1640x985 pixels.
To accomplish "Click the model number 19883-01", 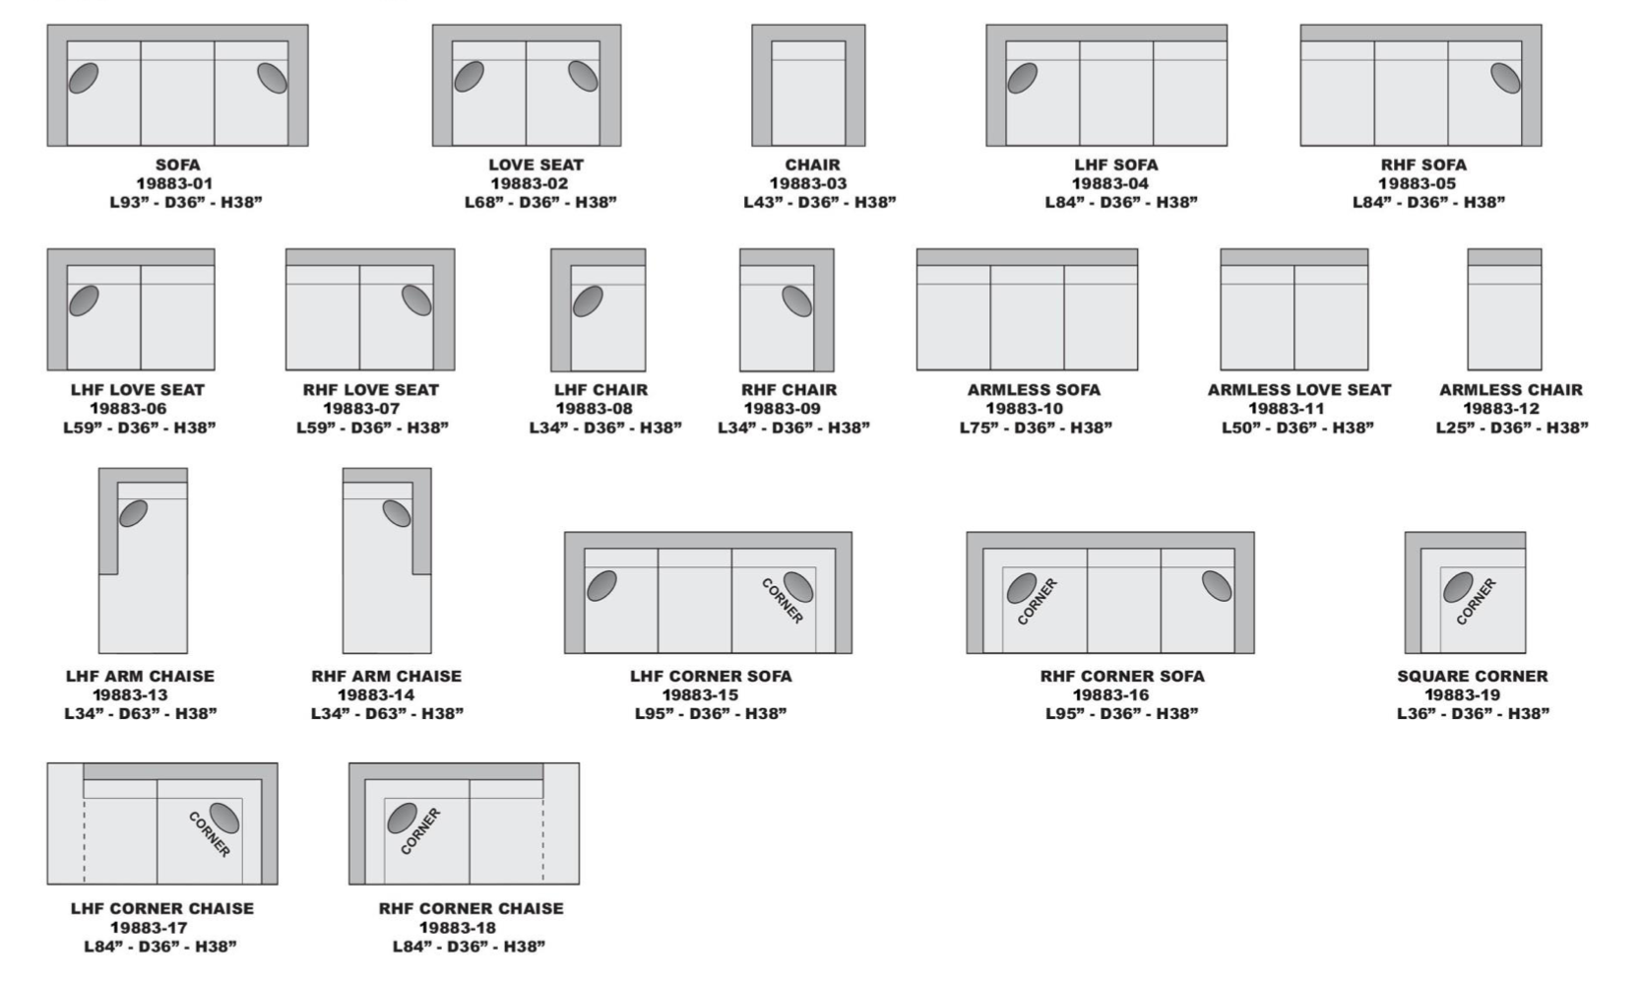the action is click(174, 184).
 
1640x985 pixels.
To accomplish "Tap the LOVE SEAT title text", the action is click(536, 164).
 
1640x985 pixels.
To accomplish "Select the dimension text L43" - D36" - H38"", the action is click(819, 202).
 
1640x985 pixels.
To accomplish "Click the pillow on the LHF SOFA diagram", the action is click(1022, 78).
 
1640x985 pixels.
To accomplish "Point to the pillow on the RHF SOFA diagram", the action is click(1506, 78).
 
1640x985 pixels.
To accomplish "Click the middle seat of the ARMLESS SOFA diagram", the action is click(1027, 317).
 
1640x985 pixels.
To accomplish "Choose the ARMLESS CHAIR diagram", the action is click(1504, 309).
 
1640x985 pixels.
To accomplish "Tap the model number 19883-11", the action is click(1287, 409).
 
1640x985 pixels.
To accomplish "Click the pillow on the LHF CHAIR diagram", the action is click(588, 301).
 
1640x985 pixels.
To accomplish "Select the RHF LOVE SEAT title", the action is click(370, 390).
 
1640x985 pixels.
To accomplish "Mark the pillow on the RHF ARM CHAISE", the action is click(397, 512).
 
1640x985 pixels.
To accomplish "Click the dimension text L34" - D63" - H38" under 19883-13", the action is click(141, 713).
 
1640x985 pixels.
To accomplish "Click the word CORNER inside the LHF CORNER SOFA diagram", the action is click(783, 601).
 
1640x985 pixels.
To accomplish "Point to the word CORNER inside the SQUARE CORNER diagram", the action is click(1476, 601).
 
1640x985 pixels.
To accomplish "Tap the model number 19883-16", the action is click(1110, 695).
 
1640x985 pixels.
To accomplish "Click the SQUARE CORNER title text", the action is click(1473, 676).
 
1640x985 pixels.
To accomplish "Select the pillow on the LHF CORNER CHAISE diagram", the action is click(224, 818).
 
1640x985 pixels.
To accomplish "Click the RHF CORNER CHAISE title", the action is click(471, 909).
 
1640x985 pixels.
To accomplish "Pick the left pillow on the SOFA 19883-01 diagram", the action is click(84, 78).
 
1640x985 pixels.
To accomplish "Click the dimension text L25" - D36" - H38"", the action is click(1512, 427).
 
